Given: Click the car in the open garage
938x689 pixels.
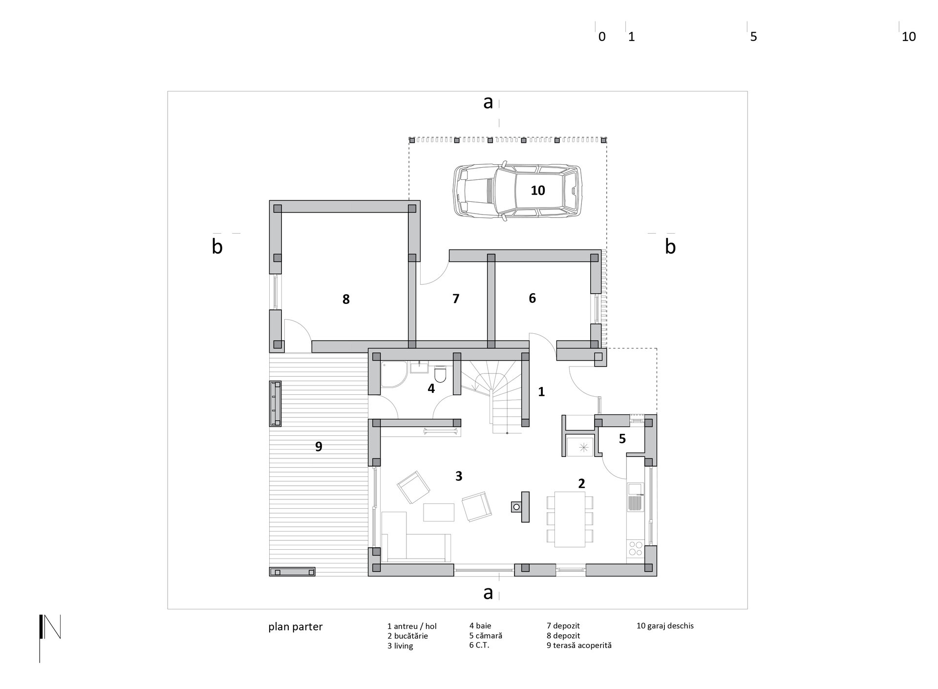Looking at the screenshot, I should click(518, 191).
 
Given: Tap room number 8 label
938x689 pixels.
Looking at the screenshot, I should click(346, 299).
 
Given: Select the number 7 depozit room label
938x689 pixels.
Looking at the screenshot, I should click(456, 299).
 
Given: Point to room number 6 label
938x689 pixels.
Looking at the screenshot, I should click(532, 298).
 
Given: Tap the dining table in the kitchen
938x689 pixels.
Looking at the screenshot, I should click(570, 519).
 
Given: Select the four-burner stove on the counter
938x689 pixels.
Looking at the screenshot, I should click(636, 548).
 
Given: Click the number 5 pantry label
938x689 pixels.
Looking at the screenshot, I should click(622, 439).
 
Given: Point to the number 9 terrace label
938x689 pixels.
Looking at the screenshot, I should click(319, 446).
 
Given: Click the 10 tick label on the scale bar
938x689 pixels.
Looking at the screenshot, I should click(908, 37).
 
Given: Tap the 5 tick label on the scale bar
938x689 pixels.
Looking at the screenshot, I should click(753, 37).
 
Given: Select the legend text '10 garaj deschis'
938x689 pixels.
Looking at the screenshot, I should click(665, 625).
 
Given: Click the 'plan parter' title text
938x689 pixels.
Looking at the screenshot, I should click(295, 627).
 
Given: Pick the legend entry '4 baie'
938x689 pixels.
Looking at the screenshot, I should click(480, 625).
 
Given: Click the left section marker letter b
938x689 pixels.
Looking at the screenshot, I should click(217, 247).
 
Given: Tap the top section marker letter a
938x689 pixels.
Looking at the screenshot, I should click(488, 103).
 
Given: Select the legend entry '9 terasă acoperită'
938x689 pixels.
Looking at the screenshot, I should click(579, 646).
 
